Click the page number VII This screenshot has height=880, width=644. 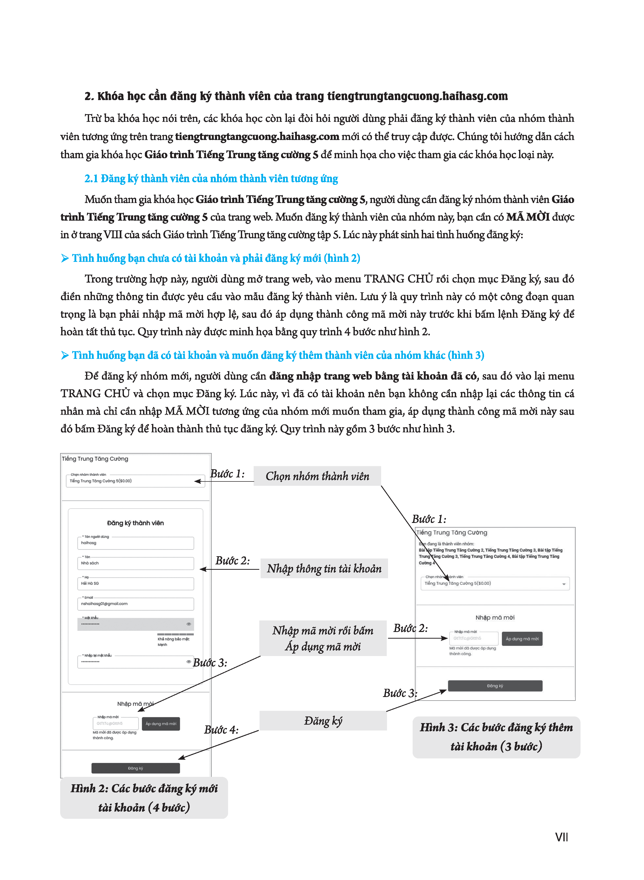pyautogui.click(x=561, y=837)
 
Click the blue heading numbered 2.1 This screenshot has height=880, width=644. pyautogui.click(x=211, y=178)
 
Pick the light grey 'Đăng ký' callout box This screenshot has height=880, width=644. pyautogui.click(x=323, y=721)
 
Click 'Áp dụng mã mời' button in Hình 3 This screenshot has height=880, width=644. pyautogui.click(x=522, y=639)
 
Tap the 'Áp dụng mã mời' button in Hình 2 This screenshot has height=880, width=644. pyautogui.click(x=160, y=724)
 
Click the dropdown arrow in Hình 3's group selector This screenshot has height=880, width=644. pyautogui.click(x=564, y=584)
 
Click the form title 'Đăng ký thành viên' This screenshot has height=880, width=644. pyautogui.click(x=135, y=523)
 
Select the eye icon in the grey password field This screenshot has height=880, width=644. pyautogui.click(x=189, y=624)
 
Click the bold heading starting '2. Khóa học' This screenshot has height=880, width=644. pyautogui.click(x=296, y=96)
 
